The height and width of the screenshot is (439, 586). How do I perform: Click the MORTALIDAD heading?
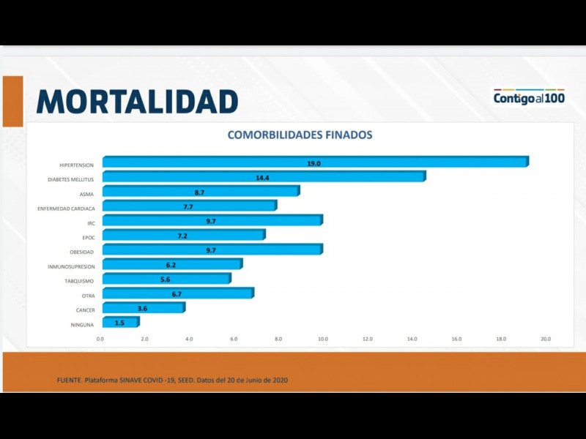click(138, 102)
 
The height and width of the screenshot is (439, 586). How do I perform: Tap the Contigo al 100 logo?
click(529, 97)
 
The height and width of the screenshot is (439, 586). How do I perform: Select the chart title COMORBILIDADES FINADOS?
click(300, 135)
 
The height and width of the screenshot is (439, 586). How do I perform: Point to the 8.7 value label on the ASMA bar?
click(199, 192)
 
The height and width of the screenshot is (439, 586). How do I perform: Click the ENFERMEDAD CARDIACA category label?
click(66, 209)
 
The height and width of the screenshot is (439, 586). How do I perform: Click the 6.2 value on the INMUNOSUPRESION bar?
click(171, 265)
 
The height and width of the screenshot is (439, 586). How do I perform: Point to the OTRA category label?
click(87, 296)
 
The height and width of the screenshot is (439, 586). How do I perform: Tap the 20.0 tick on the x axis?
click(545, 339)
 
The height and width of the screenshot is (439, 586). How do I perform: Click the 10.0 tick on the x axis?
click(322, 339)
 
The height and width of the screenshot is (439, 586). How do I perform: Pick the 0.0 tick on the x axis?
click(100, 339)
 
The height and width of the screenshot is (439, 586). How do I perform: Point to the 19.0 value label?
click(314, 163)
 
